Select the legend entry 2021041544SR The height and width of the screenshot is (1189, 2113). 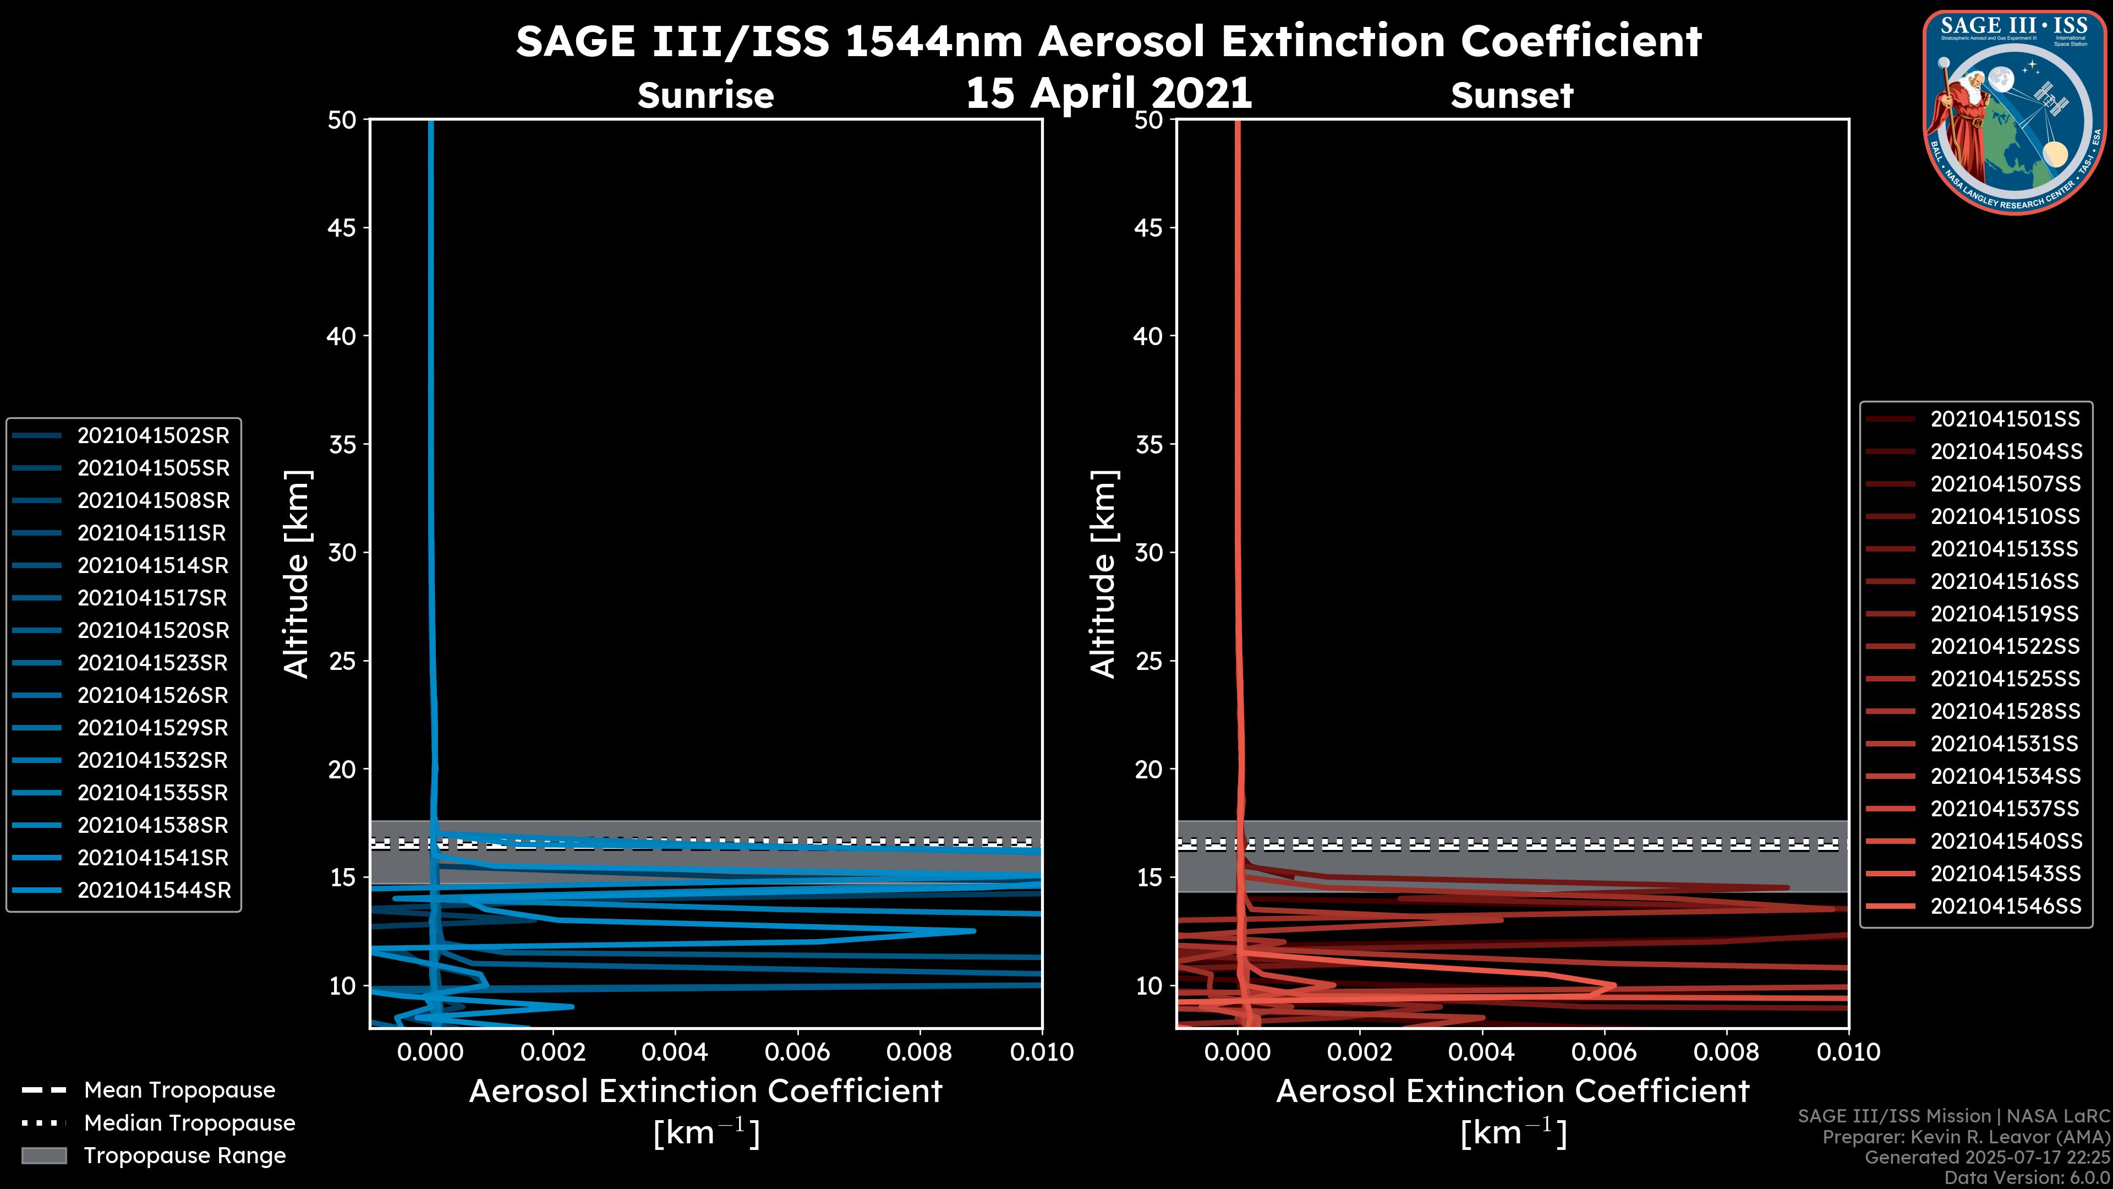tap(154, 890)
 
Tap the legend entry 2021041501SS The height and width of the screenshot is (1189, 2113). tap(2005, 419)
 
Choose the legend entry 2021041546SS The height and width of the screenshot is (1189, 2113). tap(2006, 906)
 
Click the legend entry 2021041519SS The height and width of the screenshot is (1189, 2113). tap(2005, 614)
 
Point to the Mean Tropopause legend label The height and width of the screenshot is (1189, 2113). tap(179, 1090)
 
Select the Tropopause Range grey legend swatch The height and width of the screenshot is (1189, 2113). tap(44, 1155)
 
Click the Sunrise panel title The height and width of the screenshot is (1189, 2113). tap(705, 96)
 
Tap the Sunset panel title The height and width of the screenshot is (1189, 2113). tap(1512, 96)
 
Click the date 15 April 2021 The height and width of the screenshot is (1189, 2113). tap(1109, 92)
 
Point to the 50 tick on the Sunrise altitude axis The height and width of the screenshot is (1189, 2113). tap(342, 121)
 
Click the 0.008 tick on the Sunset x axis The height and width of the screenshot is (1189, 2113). tap(1727, 1052)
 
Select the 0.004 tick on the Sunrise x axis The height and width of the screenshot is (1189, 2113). tap(675, 1052)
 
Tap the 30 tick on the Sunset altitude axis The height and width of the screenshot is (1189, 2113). tap(1149, 553)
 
